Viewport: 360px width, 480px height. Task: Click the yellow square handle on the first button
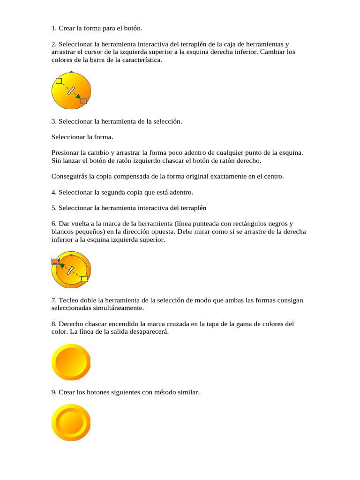(x=59, y=81)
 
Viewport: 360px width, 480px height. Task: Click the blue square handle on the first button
(x=83, y=101)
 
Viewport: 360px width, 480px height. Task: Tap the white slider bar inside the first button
(x=71, y=90)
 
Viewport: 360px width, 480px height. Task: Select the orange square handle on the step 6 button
(x=55, y=261)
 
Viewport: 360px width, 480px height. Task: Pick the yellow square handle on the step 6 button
(x=84, y=279)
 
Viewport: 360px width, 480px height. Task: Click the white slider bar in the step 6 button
(x=71, y=270)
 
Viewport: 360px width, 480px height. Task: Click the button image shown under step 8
(x=71, y=362)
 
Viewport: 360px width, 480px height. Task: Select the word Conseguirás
(x=69, y=176)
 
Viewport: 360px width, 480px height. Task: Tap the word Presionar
(x=65, y=153)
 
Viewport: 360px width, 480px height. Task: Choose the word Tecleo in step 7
(x=68, y=300)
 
